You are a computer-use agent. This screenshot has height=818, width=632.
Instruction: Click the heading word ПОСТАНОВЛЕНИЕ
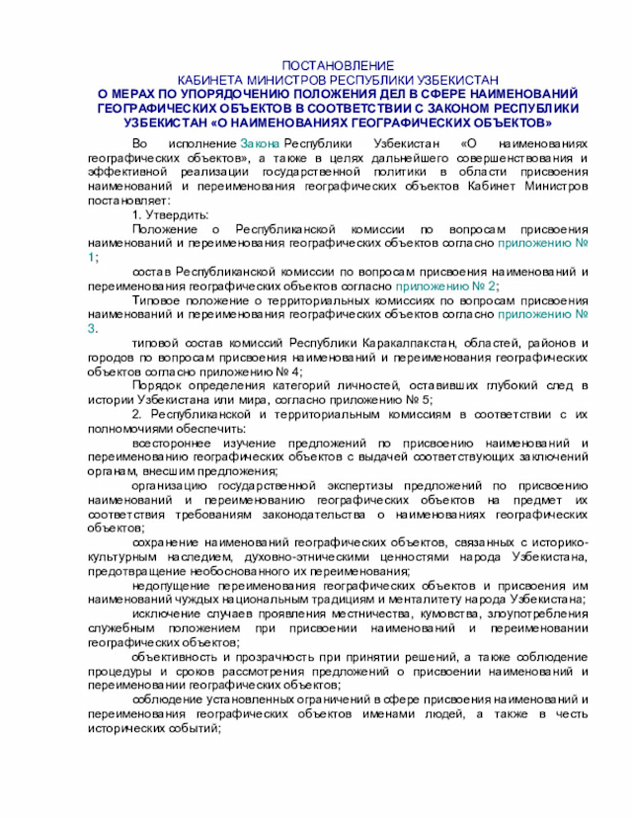[338, 63]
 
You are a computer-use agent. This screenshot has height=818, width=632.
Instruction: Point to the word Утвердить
[178, 214]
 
